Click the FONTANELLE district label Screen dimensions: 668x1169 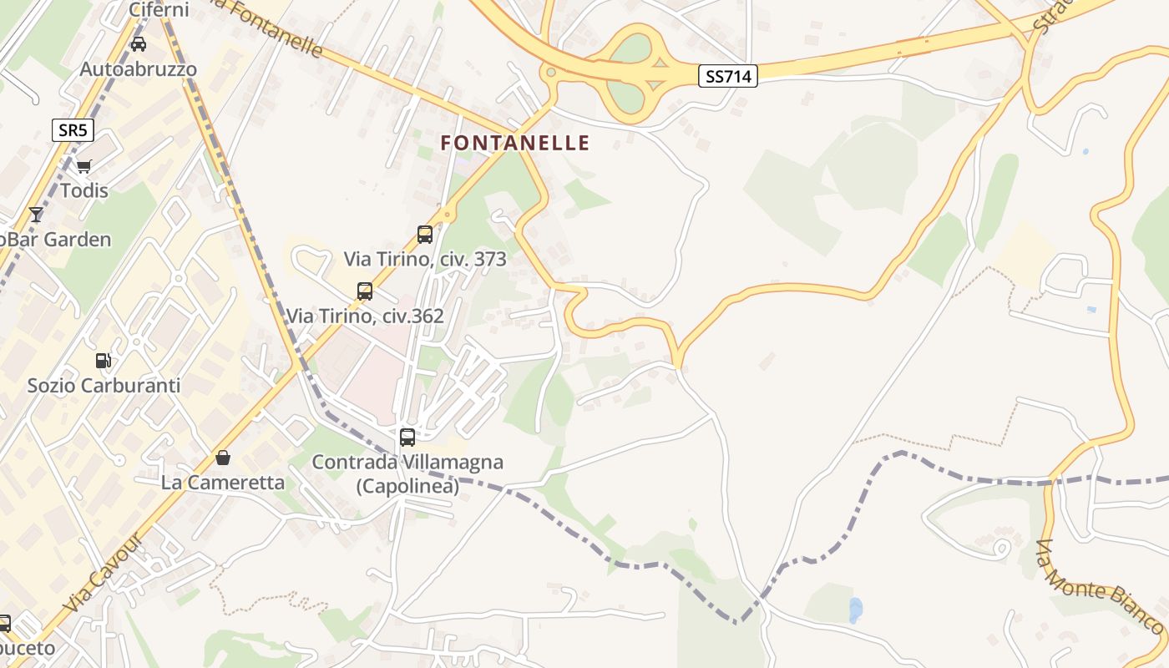point(514,144)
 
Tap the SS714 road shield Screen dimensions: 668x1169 point(728,77)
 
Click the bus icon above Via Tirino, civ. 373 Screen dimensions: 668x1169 point(425,235)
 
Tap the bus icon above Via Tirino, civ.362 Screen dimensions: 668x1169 point(365,291)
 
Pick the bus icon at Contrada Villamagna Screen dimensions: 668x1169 point(407,437)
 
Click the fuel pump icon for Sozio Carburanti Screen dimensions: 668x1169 point(104,361)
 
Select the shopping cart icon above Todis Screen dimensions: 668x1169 point(83,166)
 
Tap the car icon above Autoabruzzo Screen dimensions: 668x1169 point(139,44)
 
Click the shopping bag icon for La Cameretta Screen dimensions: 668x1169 point(223,458)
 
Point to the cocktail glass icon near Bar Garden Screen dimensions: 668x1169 point(36,215)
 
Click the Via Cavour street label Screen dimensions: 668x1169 point(104,572)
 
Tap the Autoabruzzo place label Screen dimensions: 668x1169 point(139,69)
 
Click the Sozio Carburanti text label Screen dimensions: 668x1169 point(104,386)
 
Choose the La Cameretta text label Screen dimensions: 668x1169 point(223,483)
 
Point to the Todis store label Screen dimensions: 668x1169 point(83,191)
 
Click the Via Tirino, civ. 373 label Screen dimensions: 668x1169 point(425,260)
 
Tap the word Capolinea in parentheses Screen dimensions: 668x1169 point(407,487)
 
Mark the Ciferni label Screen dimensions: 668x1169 point(159,10)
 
